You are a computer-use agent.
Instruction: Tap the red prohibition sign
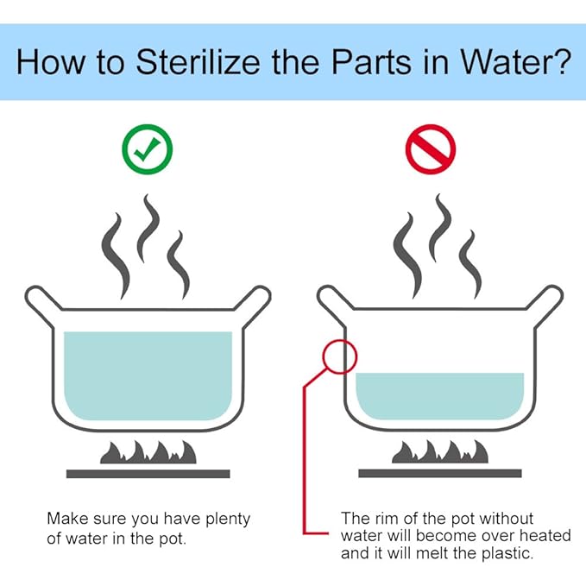(x=431, y=149)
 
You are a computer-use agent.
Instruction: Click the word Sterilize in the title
(x=198, y=61)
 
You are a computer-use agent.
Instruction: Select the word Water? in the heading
(x=515, y=61)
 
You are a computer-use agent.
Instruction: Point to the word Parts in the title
(x=371, y=61)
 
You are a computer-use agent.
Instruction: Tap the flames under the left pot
(x=148, y=452)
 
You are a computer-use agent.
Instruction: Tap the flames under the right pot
(x=440, y=452)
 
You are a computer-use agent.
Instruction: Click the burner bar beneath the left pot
(x=148, y=474)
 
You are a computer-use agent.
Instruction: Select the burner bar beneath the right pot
(x=440, y=474)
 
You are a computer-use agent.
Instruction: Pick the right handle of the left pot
(x=254, y=304)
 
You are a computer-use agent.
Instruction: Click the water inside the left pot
(x=148, y=375)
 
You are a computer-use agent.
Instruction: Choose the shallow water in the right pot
(x=440, y=396)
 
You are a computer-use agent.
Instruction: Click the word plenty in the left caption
(x=228, y=519)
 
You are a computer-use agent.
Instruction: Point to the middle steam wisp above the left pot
(x=148, y=228)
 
